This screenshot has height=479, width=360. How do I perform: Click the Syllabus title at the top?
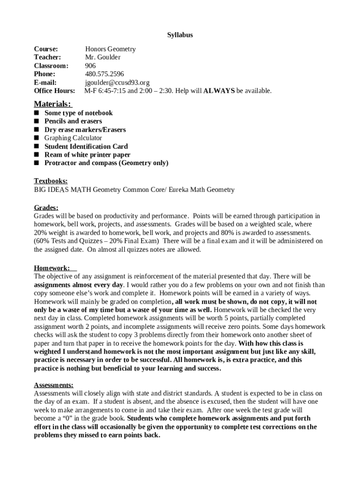(x=180, y=35)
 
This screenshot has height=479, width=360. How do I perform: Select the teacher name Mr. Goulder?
(x=102, y=57)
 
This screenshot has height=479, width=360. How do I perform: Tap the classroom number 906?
(x=90, y=65)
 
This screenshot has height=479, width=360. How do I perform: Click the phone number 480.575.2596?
(x=104, y=74)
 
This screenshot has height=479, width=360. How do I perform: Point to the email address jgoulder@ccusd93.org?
(x=117, y=82)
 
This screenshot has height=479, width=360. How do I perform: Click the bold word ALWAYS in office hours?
(x=219, y=91)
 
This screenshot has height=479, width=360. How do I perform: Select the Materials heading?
(x=53, y=103)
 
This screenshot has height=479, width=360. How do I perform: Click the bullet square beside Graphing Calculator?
(x=36, y=138)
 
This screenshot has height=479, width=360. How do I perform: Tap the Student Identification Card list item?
(x=86, y=146)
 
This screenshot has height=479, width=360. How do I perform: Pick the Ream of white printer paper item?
(x=87, y=155)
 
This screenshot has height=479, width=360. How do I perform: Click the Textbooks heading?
(x=50, y=181)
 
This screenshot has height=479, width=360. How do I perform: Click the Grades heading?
(x=46, y=207)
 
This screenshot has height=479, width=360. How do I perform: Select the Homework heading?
(x=52, y=268)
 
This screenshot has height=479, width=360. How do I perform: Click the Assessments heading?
(x=53, y=385)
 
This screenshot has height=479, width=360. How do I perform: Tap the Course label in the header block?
(x=46, y=49)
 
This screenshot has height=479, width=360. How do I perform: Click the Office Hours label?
(x=54, y=91)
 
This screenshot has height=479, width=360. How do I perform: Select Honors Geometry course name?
(x=110, y=49)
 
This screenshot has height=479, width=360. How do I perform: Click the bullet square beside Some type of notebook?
(x=36, y=113)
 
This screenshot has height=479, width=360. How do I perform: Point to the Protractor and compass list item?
(x=106, y=163)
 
